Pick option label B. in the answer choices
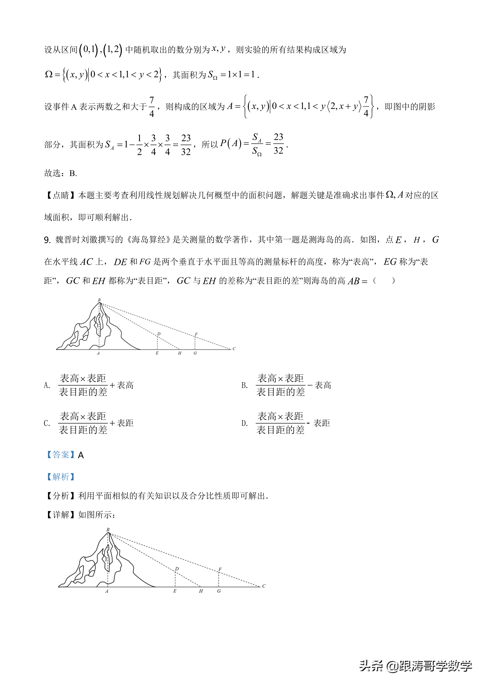(x=244, y=386)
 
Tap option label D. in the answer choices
(x=244, y=423)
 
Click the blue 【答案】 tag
(x=60, y=455)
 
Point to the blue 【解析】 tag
(x=60, y=477)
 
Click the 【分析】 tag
(x=60, y=496)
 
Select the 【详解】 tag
(x=60, y=515)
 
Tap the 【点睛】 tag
(x=60, y=195)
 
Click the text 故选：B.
(x=60, y=173)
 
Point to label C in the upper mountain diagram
(x=234, y=349)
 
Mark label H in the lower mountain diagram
(x=201, y=591)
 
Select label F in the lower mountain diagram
(x=220, y=569)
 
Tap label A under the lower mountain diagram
(x=106, y=591)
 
